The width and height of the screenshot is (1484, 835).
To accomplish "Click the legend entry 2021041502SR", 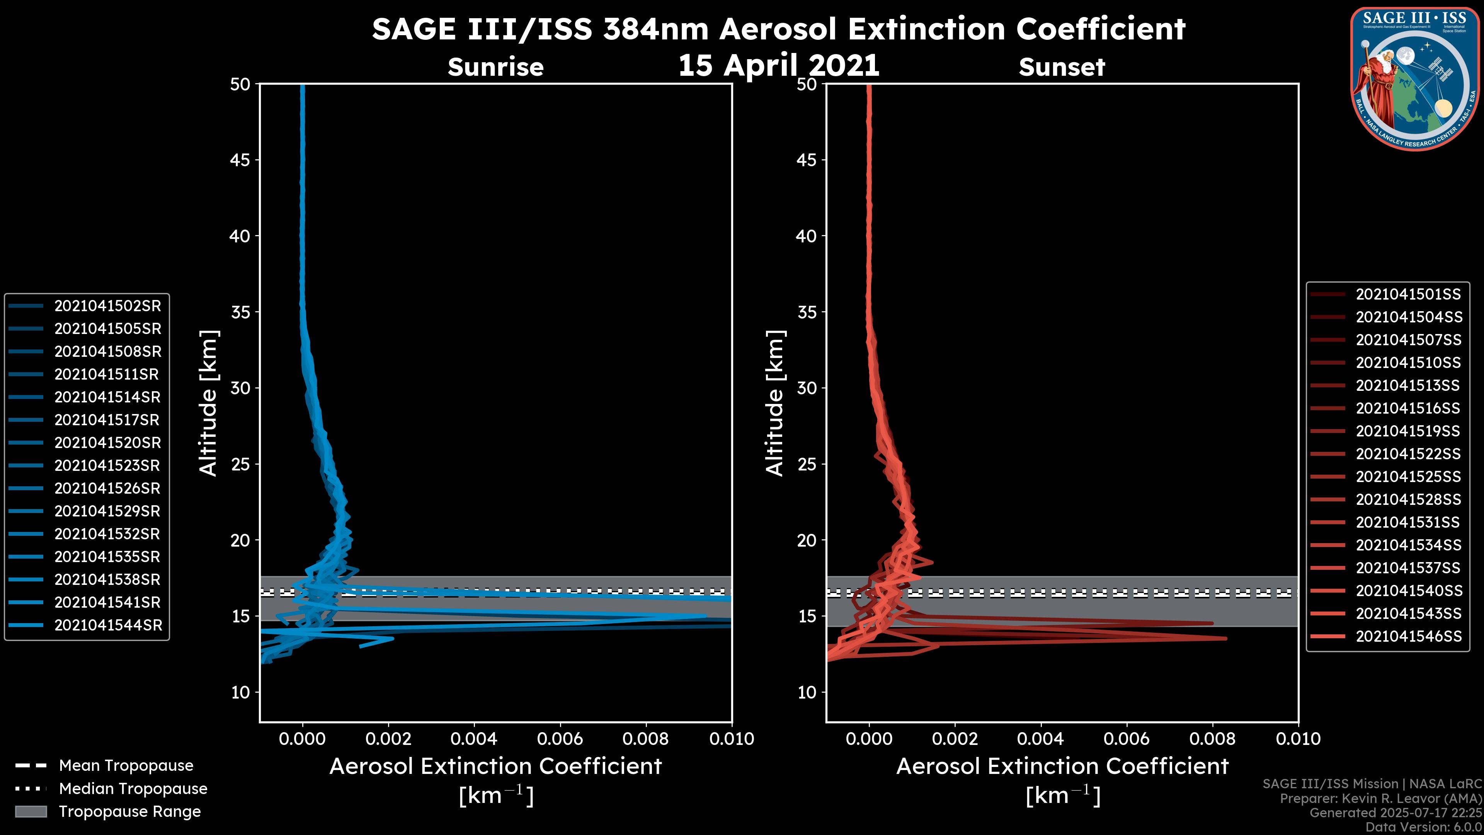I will pos(108,306).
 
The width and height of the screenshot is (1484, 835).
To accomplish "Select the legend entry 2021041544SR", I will pos(108,625).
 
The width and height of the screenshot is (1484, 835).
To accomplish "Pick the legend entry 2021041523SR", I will pos(108,465).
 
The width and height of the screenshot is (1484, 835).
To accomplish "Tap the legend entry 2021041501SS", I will pos(1408,295).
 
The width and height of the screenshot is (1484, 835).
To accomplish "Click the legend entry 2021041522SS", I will pos(1408,454).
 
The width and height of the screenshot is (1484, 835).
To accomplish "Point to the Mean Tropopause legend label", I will pos(126,765).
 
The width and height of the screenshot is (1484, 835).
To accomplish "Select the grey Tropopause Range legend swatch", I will pos(31,811).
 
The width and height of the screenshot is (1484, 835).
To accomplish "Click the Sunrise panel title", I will pos(495,67).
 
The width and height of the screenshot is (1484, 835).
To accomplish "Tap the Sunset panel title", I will pos(1062,67).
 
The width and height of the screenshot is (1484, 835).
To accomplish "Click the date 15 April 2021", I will pos(778,65).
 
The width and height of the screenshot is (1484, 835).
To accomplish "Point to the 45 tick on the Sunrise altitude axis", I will pos(240,160).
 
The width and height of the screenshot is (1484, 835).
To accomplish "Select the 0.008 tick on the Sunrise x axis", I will pos(646,739).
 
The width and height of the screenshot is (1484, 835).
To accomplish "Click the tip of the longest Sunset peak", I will pos(1226,639).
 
